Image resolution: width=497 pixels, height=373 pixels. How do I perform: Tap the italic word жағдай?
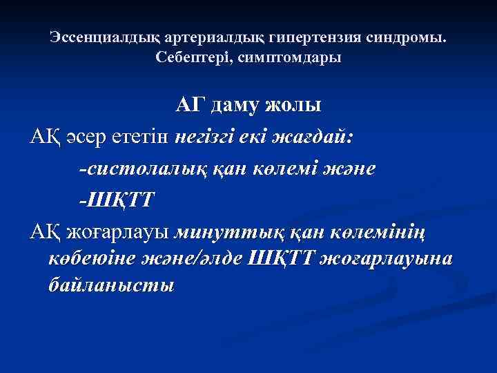click(320, 137)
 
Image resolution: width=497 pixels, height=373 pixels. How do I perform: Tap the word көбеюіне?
click(93, 258)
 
